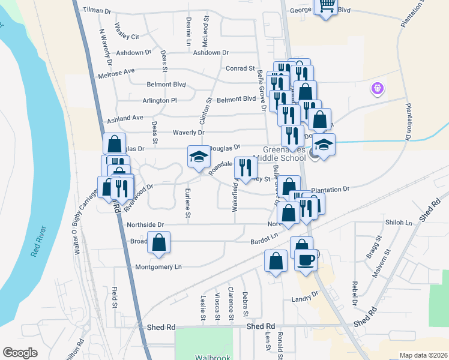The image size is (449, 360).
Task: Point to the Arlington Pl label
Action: point(160,100)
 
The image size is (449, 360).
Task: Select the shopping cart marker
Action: point(326,6)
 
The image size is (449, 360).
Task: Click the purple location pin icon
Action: point(378,89)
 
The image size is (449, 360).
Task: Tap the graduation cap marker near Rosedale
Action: point(199,157)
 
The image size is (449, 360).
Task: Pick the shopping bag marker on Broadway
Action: point(159,243)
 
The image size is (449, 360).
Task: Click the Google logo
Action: point(20,353)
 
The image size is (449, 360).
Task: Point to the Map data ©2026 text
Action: point(423,355)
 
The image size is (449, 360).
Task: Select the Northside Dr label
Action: point(145,224)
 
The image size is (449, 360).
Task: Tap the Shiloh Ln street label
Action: point(400,222)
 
